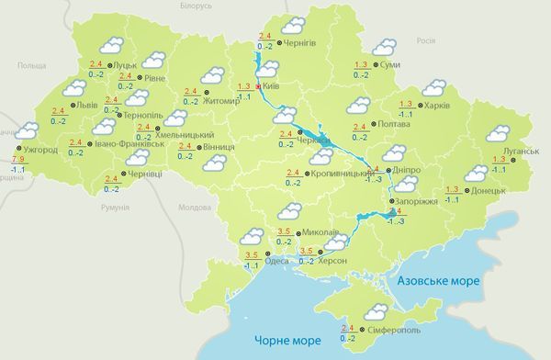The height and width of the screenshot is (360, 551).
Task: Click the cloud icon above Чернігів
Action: [294, 26]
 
